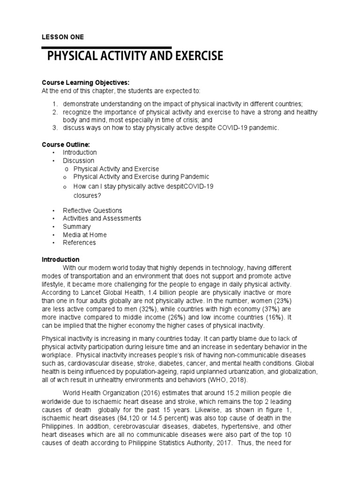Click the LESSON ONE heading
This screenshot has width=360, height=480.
pos(63,37)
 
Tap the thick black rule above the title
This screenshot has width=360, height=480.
pos(106,47)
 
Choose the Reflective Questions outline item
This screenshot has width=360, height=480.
pos(92,210)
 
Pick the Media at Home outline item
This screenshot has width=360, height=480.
pos(85,234)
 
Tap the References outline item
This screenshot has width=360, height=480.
pos(79,242)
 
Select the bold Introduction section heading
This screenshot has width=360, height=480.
pos(61,259)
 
